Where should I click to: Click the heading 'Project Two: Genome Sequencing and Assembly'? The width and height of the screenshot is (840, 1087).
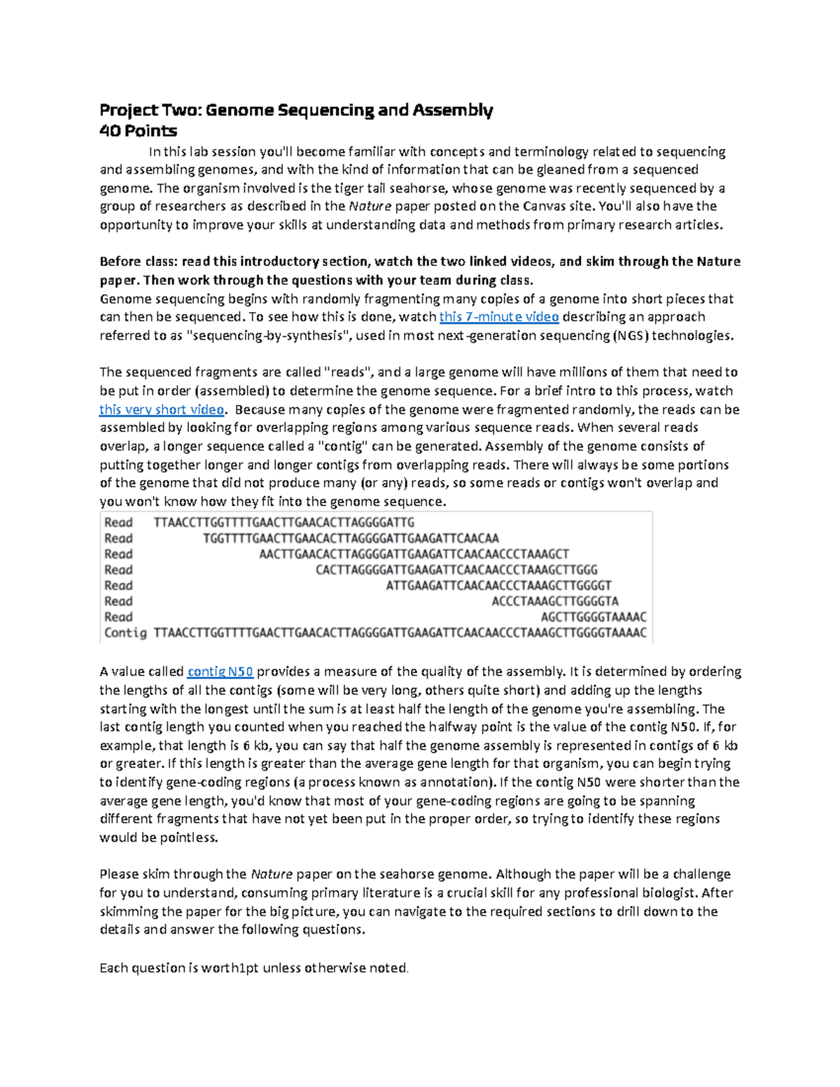(296, 110)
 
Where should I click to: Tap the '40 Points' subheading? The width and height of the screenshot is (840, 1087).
(138, 131)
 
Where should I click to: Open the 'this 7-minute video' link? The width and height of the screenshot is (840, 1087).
(498, 317)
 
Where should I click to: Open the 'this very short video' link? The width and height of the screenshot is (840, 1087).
(162, 409)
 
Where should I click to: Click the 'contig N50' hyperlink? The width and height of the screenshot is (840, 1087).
(220, 671)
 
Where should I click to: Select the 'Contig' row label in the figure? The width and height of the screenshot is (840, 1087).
(125, 633)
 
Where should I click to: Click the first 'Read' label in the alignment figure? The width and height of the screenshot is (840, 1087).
(118, 522)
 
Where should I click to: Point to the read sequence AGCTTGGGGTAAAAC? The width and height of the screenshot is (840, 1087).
(594, 617)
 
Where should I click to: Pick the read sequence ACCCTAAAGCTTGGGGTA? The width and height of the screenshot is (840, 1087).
(555, 601)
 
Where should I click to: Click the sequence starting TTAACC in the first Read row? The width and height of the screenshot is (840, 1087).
(284, 522)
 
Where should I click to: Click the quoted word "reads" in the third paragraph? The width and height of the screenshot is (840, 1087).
(351, 372)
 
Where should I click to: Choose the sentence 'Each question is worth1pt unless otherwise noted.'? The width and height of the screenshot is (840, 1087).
(254, 968)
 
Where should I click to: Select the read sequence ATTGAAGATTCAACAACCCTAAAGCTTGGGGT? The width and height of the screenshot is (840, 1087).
(498, 585)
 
